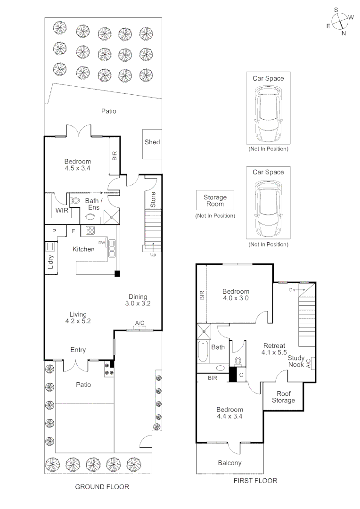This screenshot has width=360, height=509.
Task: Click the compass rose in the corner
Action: (340, 21)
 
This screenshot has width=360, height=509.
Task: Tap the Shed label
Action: (152, 142)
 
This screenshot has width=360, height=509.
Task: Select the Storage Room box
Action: (215, 201)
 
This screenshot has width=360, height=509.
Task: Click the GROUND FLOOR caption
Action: (102, 486)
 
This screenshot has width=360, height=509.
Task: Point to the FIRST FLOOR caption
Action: (255, 481)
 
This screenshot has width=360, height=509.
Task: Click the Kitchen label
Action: (83, 249)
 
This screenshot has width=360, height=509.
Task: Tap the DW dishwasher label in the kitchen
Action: (101, 243)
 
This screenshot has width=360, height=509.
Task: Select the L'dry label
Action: (51, 264)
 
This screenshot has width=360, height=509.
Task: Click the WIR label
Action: (62, 211)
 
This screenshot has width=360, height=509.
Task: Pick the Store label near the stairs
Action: (153, 200)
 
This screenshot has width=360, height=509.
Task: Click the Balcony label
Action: (229, 463)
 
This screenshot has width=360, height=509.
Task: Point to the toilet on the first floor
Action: (238, 361)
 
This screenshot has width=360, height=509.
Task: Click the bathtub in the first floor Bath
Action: (204, 351)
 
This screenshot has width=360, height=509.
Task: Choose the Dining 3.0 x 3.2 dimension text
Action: (138, 300)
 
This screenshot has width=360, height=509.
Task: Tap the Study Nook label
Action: (296, 361)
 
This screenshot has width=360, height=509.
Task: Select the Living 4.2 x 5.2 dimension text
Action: (78, 318)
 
